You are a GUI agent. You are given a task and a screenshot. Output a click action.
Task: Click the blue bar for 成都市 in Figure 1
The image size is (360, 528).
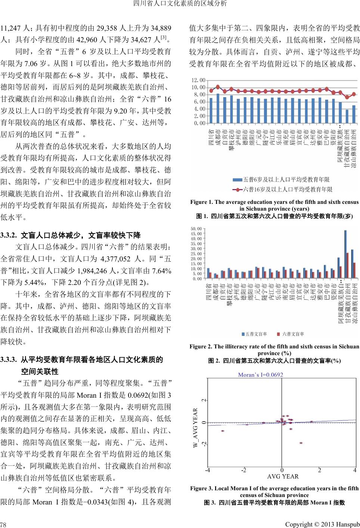coord(218,109)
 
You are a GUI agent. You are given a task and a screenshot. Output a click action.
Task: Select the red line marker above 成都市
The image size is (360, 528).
coord(218,87)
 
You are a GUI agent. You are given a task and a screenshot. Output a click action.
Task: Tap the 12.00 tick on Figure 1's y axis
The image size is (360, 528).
coord(198,80)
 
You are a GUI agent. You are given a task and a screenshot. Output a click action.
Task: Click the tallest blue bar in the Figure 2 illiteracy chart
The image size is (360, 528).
coord(345,254)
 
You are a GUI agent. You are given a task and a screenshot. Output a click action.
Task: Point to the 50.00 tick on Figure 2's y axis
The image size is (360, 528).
coord(196,229)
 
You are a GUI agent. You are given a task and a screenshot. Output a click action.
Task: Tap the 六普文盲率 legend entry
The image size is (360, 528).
coord(291,334)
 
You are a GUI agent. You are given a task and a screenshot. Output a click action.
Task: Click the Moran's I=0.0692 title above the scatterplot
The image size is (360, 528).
coord(261,375)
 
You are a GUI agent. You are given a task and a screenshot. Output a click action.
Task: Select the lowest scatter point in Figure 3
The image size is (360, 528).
coord(301,443)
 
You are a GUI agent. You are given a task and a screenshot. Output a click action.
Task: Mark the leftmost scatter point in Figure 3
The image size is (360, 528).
coord(223,431)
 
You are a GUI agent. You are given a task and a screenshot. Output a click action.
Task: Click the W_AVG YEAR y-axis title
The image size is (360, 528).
coord(195,428)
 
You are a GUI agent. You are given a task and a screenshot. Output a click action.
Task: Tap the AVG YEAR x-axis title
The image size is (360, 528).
coord(283,476)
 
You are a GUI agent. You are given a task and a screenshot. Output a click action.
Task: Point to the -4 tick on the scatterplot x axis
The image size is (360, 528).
coord(208,470)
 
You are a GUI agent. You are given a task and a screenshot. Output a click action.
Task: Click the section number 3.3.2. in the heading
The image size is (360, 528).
coord(9,235)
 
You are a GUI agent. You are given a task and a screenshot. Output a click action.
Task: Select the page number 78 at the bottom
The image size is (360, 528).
coord(3,524)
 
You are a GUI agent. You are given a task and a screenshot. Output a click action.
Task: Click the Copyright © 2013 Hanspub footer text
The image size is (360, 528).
coord(322,524)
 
